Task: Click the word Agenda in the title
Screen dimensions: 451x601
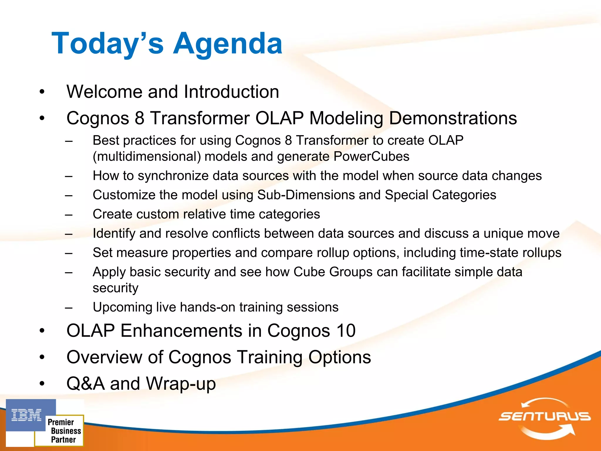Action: click(227, 43)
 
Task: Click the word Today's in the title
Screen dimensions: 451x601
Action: click(107, 43)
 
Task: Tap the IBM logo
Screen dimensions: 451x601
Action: click(27, 415)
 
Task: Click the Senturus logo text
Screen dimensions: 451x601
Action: click(544, 416)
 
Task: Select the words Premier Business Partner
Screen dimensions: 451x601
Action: click(64, 431)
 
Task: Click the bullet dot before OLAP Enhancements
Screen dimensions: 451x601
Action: click(42, 331)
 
